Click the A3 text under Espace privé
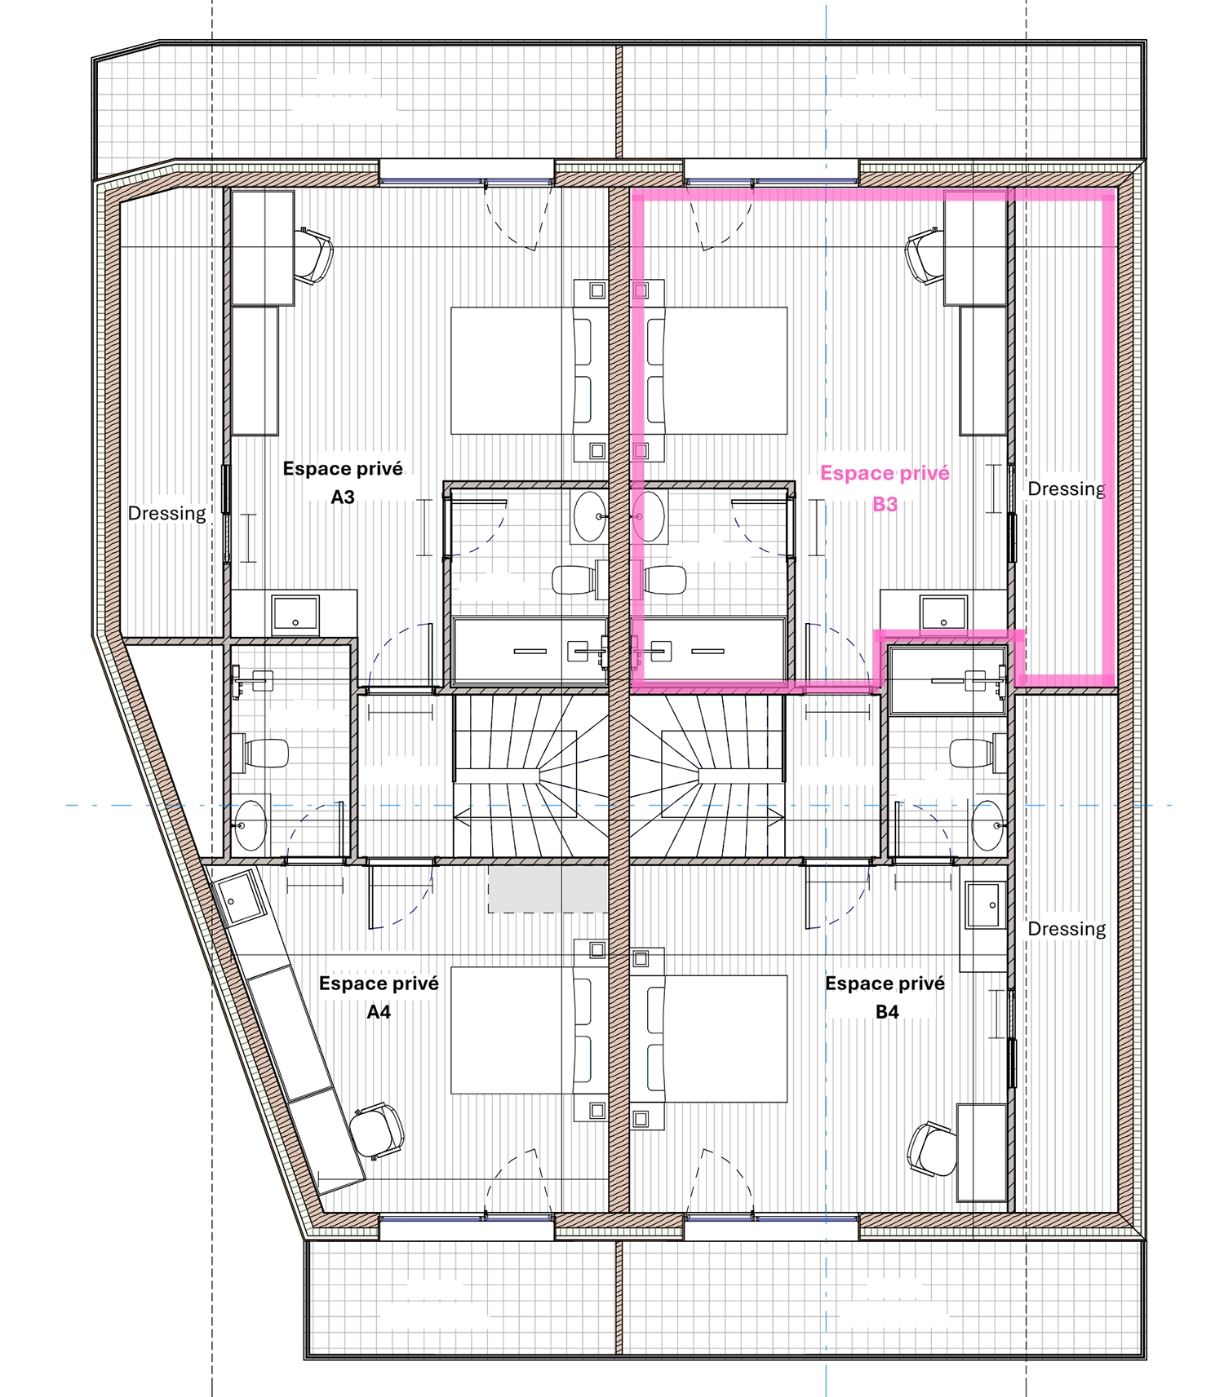click(343, 497)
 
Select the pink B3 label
click(885, 504)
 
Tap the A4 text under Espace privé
click(379, 1012)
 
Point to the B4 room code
click(887, 1012)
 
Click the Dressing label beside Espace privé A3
click(167, 513)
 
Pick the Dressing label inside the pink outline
click(1067, 489)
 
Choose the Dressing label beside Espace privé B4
click(1067, 929)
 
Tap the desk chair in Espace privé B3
click(925, 255)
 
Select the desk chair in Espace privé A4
click(376, 1130)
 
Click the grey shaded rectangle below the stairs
click(548, 888)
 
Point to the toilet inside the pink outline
click(663, 580)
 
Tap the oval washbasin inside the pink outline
click(648, 516)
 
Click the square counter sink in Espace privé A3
click(295, 614)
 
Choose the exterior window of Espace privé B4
click(771, 1227)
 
